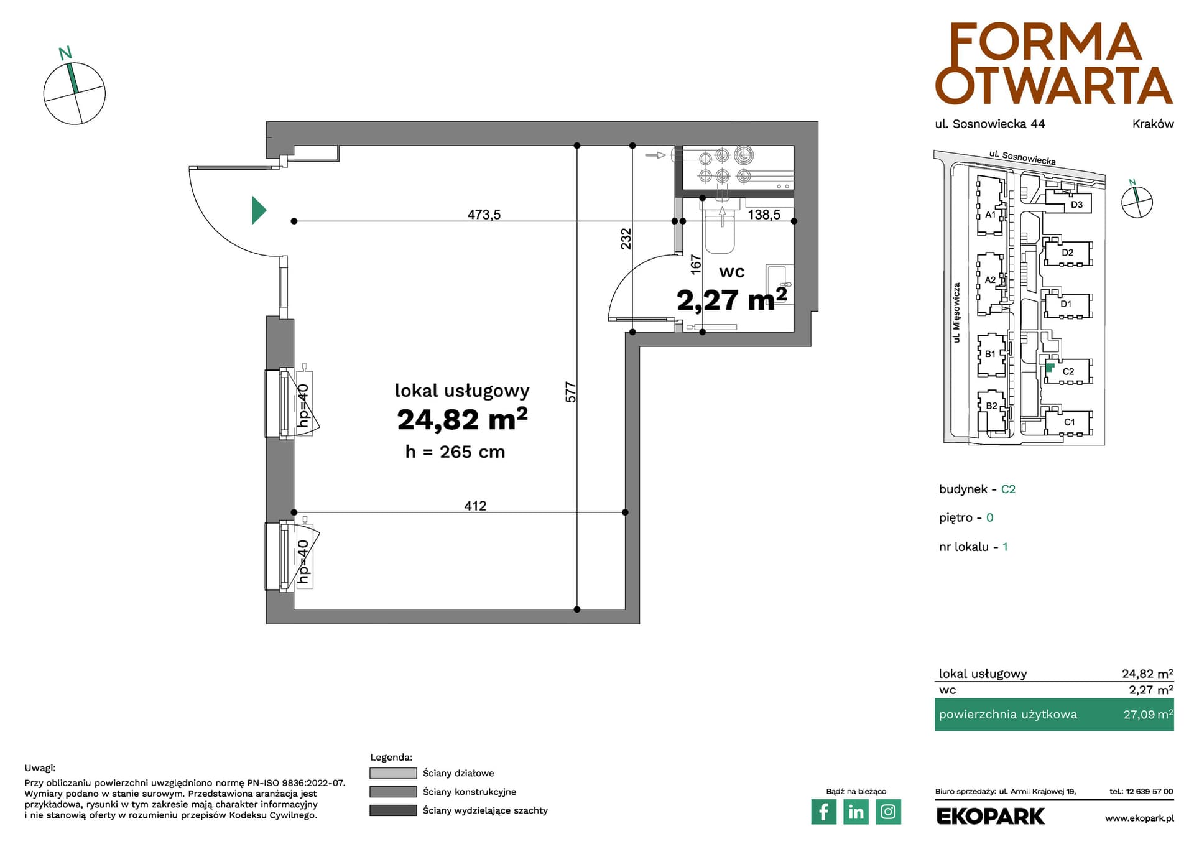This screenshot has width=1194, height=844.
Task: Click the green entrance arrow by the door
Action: pos(258,210)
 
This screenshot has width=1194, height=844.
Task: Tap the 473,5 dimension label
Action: pos(484,215)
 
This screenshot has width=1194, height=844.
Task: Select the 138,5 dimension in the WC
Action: pos(764,215)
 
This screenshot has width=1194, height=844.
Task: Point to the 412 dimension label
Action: pos(475,506)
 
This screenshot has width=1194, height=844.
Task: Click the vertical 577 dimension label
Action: pos(571,392)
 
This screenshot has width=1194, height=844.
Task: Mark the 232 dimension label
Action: pos(626,239)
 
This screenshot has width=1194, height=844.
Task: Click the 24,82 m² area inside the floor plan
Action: pos(462,419)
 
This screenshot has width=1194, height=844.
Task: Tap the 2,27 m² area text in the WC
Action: pos(732,300)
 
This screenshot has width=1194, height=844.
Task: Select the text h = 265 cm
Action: pos(455,452)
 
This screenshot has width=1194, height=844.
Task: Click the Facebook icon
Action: pos(824,812)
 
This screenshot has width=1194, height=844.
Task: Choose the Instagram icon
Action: pos(888,812)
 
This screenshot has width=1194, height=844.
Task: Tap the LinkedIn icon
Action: pos(856,812)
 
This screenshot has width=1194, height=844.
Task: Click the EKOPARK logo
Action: pos(990,816)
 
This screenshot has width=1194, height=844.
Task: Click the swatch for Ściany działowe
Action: pos(393,773)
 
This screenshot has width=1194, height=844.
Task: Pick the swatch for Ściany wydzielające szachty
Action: pos(393,810)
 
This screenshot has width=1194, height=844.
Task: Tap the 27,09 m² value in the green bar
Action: pos(1148,714)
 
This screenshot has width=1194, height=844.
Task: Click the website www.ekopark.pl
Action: pos(1139,818)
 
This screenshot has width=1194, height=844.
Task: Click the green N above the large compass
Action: pos(65,53)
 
